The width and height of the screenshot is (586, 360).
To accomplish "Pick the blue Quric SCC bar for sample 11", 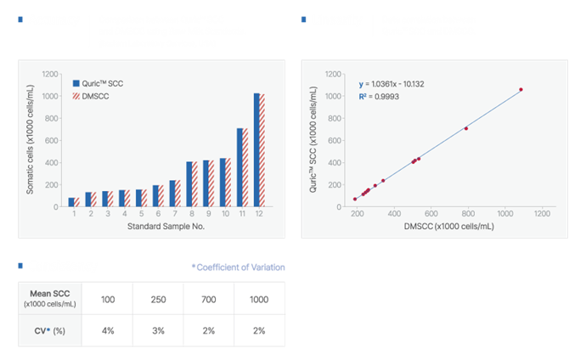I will (240, 168).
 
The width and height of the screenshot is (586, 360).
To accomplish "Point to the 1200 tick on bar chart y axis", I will (50, 74).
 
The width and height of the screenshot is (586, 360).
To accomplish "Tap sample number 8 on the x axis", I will (193, 214).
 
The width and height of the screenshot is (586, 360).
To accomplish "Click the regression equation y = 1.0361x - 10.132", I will (395, 84).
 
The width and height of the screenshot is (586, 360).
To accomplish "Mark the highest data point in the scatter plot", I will (521, 89).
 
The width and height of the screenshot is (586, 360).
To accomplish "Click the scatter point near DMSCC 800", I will (466, 128).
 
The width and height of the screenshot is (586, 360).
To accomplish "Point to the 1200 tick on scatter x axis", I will (541, 214).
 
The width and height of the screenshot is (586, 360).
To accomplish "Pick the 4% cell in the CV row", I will (108, 330).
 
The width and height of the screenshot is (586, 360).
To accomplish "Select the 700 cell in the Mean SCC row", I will (208, 301).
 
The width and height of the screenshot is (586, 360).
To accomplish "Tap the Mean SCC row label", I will (50, 301).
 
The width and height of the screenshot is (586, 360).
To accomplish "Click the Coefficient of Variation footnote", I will (239, 267).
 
